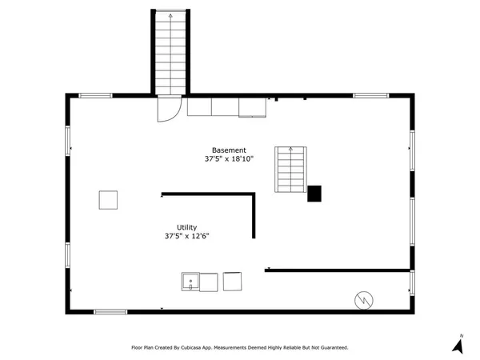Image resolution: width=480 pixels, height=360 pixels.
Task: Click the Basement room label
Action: pyautogui.click(x=229, y=150)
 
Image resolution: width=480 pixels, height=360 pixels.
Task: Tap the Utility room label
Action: pyautogui.click(x=186, y=227)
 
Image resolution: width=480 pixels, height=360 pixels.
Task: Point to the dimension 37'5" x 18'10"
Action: pyautogui.click(x=229, y=159)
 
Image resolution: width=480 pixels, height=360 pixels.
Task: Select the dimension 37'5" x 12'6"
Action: pyautogui.click(x=186, y=236)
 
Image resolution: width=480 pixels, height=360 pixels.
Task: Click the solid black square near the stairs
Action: pyautogui.click(x=314, y=194)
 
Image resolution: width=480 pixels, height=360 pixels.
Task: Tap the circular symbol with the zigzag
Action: pyautogui.click(x=363, y=300)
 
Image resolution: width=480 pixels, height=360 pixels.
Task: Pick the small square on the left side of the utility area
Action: pyautogui.click(x=109, y=200)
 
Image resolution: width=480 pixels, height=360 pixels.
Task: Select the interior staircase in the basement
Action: pyautogui.click(x=290, y=169)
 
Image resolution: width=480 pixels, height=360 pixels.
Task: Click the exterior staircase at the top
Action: pyautogui.click(x=170, y=52)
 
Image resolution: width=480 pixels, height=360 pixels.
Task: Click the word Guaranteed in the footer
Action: pyautogui.click(x=331, y=348)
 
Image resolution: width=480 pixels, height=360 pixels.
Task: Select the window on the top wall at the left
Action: pyautogui.click(x=94, y=96)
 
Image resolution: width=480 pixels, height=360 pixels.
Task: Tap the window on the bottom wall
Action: pyautogui.click(x=110, y=311)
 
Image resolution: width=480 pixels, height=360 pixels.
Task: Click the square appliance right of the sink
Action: pyautogui.click(x=233, y=282)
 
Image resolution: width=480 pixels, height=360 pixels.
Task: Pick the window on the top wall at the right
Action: pyautogui.click(x=370, y=96)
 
